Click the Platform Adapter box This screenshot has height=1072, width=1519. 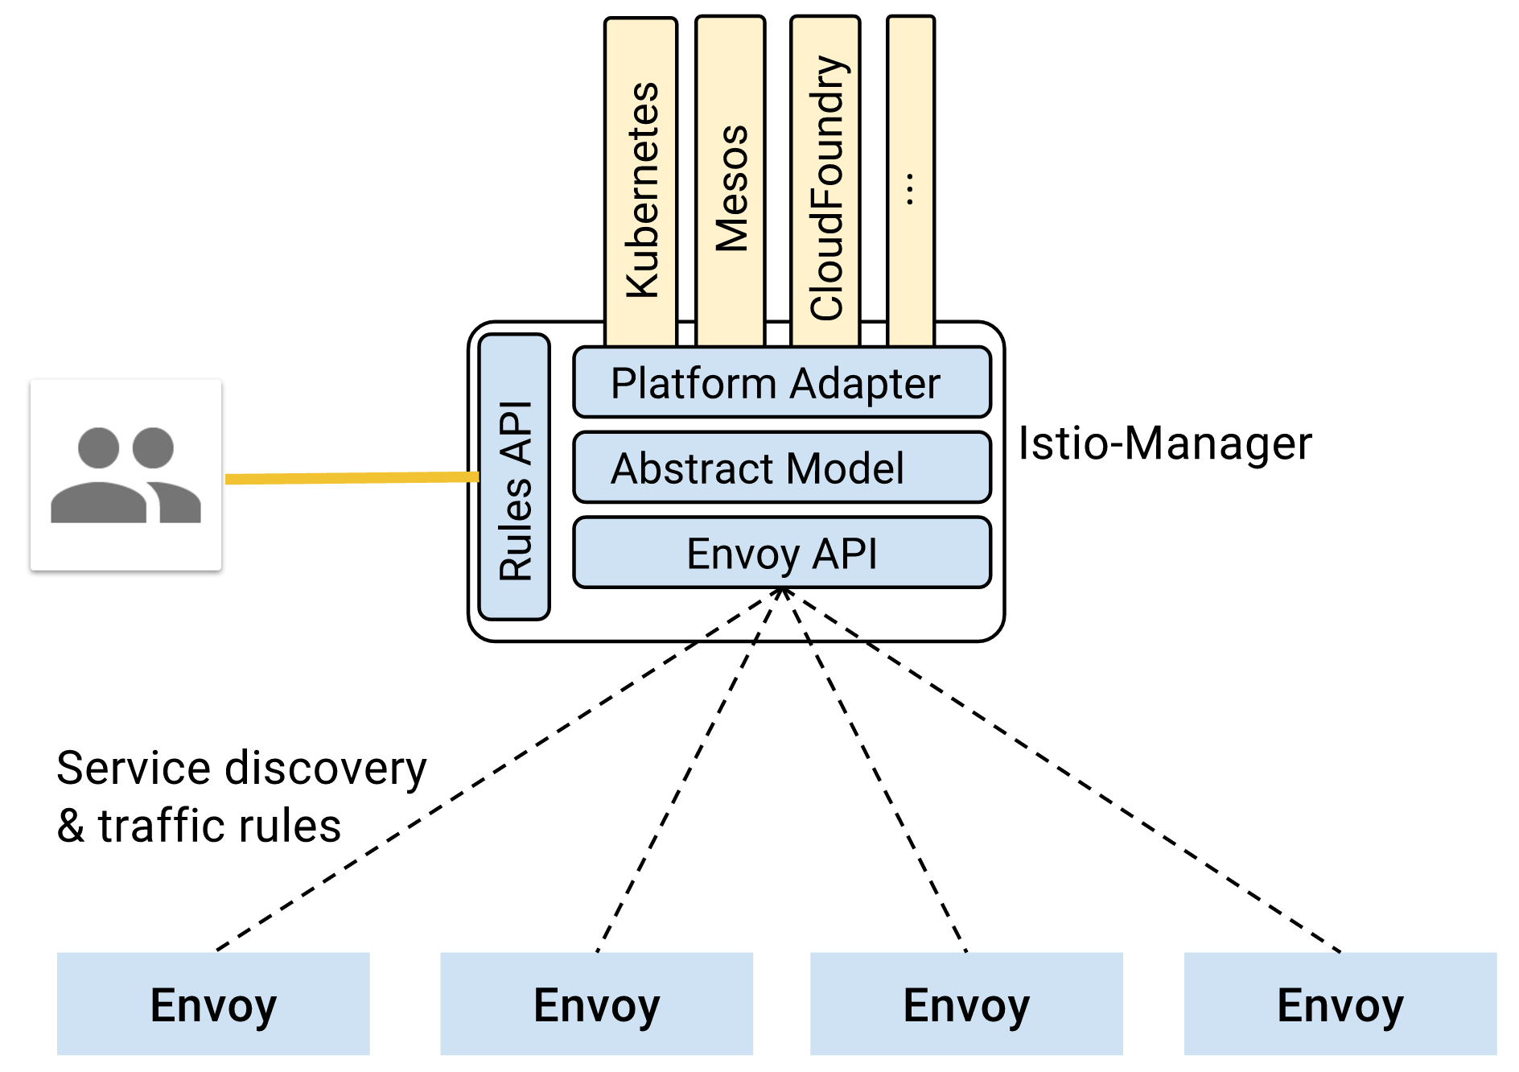(781, 382)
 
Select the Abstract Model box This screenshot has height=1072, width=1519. (781, 468)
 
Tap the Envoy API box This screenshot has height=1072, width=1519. (781, 553)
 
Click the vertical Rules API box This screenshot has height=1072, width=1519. (514, 476)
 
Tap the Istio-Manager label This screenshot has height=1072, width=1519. (1164, 443)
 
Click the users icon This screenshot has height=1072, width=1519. (126, 475)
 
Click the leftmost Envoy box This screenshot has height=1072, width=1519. (213, 1004)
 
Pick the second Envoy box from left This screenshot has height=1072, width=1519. (596, 1004)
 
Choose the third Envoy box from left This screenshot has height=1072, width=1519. (966, 1004)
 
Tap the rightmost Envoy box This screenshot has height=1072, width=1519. (1340, 1004)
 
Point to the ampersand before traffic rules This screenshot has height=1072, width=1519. (71, 827)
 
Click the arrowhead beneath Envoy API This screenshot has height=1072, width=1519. (782, 594)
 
